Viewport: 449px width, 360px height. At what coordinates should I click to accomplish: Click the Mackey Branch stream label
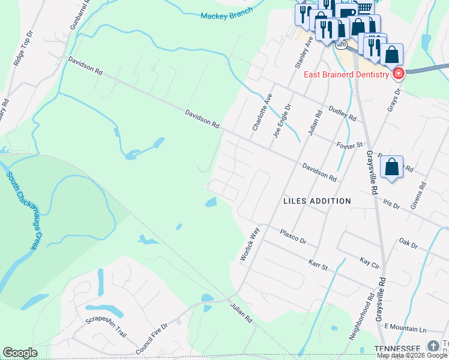(227, 16)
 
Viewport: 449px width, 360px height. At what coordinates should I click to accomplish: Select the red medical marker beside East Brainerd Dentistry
(397, 74)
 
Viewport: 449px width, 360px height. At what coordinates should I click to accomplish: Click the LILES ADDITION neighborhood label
(317, 201)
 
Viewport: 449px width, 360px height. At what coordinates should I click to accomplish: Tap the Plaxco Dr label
(292, 236)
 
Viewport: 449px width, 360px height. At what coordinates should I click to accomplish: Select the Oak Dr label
(408, 243)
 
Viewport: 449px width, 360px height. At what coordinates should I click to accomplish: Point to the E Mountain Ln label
(405, 329)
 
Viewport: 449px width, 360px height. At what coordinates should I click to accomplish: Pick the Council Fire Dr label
(151, 340)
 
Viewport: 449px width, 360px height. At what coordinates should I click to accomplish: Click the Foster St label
(350, 145)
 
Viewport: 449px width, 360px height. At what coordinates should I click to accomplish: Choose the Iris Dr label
(391, 204)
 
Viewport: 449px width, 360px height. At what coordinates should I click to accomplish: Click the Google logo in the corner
(20, 353)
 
